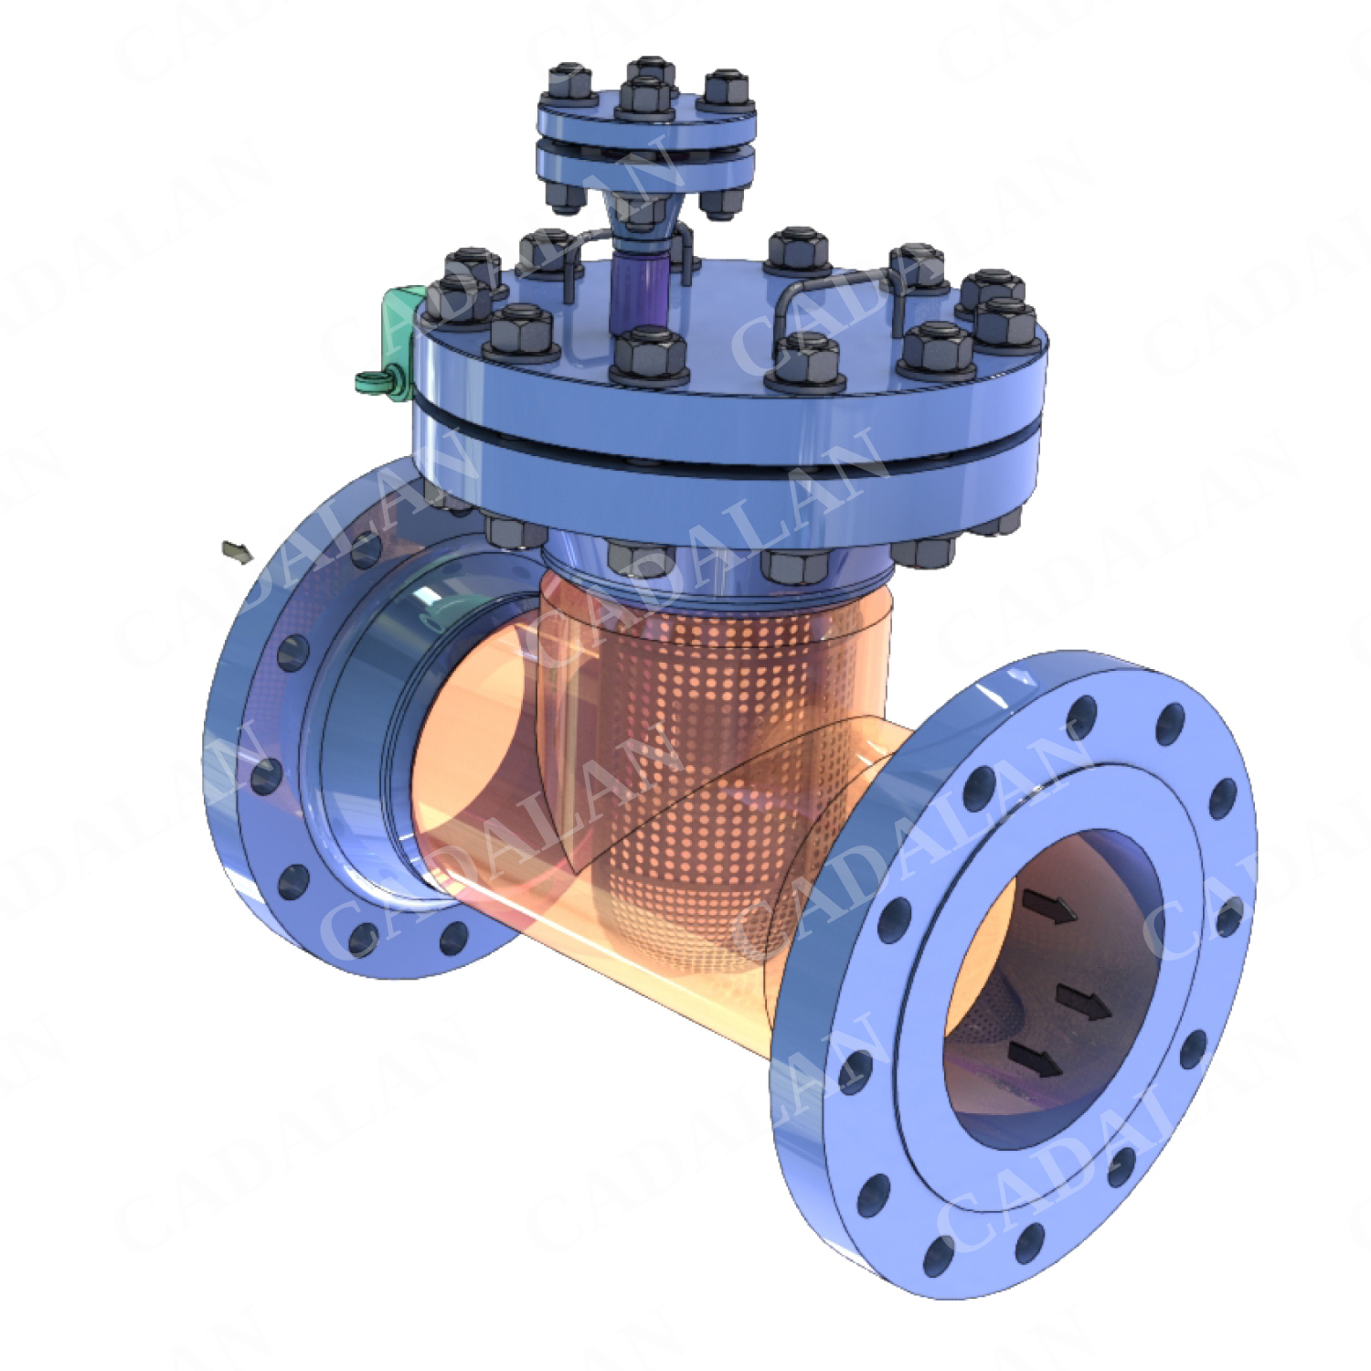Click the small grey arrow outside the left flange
point(237,552)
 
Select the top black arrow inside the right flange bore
point(1048,907)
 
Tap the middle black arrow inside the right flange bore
point(1084,1002)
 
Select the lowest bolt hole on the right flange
point(938,1257)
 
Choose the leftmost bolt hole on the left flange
point(265,777)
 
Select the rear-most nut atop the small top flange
point(651,71)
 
